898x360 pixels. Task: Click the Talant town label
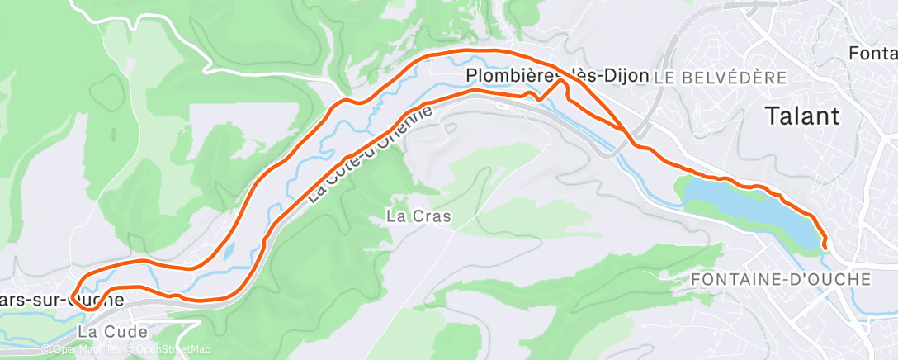(x=802, y=116)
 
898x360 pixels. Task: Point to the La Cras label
(x=419, y=218)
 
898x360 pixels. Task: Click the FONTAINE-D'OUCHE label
(x=780, y=279)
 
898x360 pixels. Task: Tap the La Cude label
(x=112, y=331)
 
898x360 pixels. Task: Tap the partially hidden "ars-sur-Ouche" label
(x=62, y=299)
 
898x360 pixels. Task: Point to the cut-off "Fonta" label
(x=872, y=54)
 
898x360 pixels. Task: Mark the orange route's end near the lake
(x=825, y=243)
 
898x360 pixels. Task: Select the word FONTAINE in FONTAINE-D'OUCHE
(x=736, y=279)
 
